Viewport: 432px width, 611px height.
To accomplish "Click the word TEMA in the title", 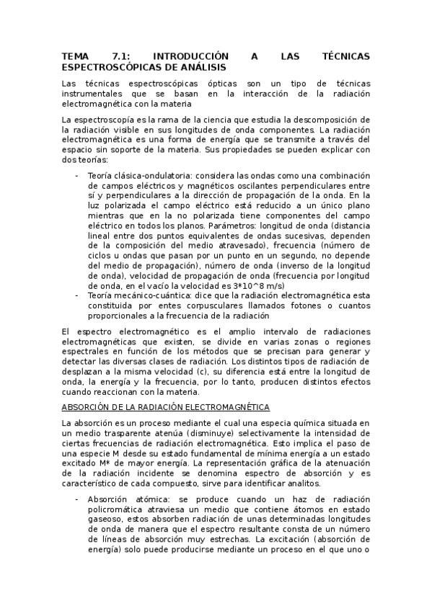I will pyautogui.click(x=74, y=55).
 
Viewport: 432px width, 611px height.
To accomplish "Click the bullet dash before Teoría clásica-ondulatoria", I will pyautogui.click(x=77, y=176).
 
